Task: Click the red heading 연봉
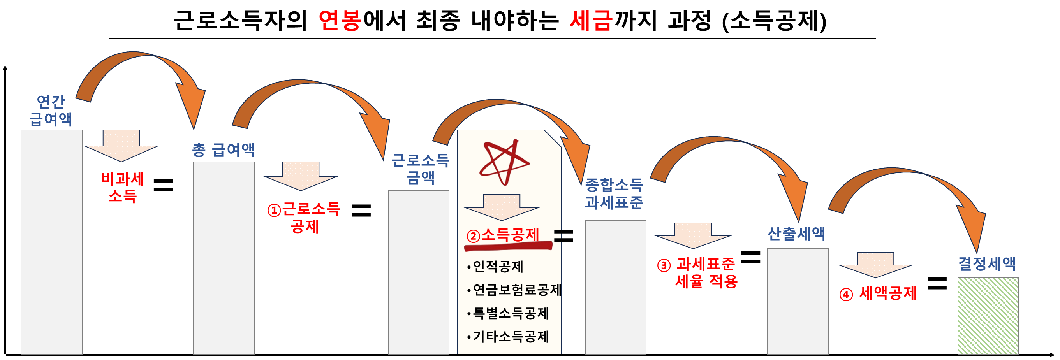pyautogui.click(x=340, y=20)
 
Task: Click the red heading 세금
pyautogui.click(x=591, y=20)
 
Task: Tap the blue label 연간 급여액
pyautogui.click(x=51, y=110)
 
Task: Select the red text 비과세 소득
pyautogui.click(x=123, y=187)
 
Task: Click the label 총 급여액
pyautogui.click(x=224, y=150)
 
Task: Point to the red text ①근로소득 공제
pyautogui.click(x=304, y=217)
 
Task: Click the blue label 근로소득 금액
pyautogui.click(x=420, y=169)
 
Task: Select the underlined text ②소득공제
pyautogui.click(x=503, y=235)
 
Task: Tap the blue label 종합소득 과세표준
pyautogui.click(x=614, y=193)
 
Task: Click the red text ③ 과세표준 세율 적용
pyautogui.click(x=698, y=273)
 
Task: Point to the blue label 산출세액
pyautogui.click(x=796, y=233)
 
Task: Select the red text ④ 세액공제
pyautogui.click(x=879, y=294)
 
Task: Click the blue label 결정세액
pyautogui.click(x=987, y=263)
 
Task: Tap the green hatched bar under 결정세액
pyautogui.click(x=988, y=316)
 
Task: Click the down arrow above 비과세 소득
pyautogui.click(x=121, y=145)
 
